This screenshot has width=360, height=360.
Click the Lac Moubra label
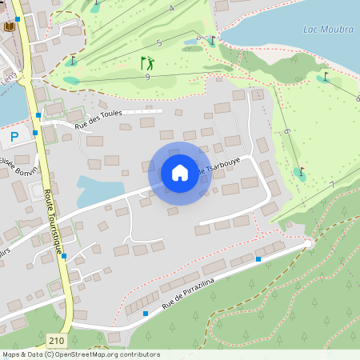[329, 30]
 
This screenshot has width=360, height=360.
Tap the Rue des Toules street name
[99, 118]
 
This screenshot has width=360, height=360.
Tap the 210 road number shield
[56, 341]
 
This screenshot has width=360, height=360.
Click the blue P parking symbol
[14, 138]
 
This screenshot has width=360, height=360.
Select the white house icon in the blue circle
[179, 173]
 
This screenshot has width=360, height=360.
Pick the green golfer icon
[147, 62]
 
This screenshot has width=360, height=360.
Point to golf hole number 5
[159, 42]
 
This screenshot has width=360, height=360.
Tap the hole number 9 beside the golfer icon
[148, 76]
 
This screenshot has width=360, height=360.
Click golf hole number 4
[171, 8]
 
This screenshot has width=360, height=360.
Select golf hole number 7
[331, 186]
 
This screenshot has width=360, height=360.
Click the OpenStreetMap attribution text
[81, 354]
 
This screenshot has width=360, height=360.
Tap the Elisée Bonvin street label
[19, 167]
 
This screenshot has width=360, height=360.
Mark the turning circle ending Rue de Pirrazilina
[309, 243]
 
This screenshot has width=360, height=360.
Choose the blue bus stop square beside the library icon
[18, 18]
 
